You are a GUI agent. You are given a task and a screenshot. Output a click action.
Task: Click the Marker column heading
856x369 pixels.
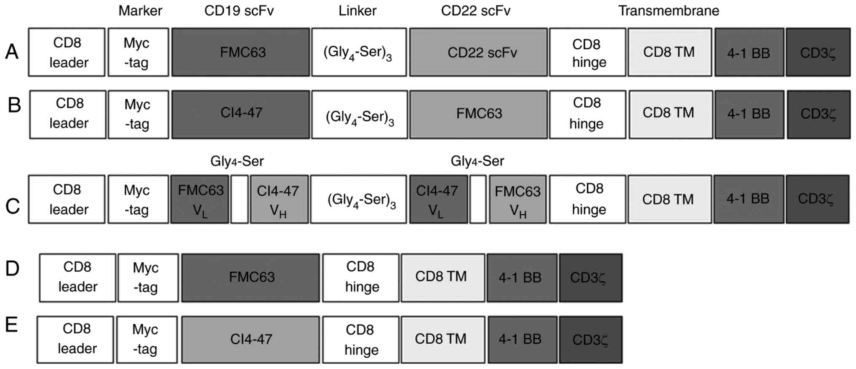(x=140, y=11)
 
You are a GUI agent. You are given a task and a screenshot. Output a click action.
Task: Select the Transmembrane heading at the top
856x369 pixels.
(x=669, y=11)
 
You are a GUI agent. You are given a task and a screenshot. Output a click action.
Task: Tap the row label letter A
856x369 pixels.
(x=12, y=53)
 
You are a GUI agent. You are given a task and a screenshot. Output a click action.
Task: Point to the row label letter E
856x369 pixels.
(x=12, y=325)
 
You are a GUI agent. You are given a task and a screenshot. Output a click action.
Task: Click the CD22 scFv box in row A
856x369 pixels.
(x=479, y=53)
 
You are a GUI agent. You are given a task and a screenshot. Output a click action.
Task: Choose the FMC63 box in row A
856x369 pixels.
(x=241, y=53)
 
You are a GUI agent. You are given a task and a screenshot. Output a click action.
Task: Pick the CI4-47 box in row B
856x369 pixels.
(x=241, y=114)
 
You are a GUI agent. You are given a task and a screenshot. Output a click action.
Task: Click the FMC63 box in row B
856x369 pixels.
(x=479, y=114)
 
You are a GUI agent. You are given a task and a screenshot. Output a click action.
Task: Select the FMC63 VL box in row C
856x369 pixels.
(x=200, y=199)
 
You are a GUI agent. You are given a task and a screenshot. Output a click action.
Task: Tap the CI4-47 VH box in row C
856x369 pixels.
(x=279, y=199)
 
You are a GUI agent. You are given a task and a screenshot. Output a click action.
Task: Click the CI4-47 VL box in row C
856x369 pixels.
(x=439, y=199)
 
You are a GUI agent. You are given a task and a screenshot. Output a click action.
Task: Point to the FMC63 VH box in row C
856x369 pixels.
(x=518, y=199)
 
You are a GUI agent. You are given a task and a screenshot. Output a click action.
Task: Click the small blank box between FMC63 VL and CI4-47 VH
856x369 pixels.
(x=239, y=199)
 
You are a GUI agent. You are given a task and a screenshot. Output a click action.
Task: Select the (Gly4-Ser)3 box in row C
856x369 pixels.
(x=359, y=199)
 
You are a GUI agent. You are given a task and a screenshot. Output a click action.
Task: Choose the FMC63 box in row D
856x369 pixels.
(x=251, y=278)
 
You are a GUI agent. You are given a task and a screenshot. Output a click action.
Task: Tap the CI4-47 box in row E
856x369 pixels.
(x=251, y=340)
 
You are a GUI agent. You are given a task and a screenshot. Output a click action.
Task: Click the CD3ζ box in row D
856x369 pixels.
(x=591, y=278)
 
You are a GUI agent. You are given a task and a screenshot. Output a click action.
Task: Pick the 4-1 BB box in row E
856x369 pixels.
(x=522, y=340)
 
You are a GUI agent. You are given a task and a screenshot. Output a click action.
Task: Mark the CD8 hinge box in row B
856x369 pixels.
(x=588, y=114)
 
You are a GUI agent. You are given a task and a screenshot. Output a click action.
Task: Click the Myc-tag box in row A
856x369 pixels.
(x=138, y=53)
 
